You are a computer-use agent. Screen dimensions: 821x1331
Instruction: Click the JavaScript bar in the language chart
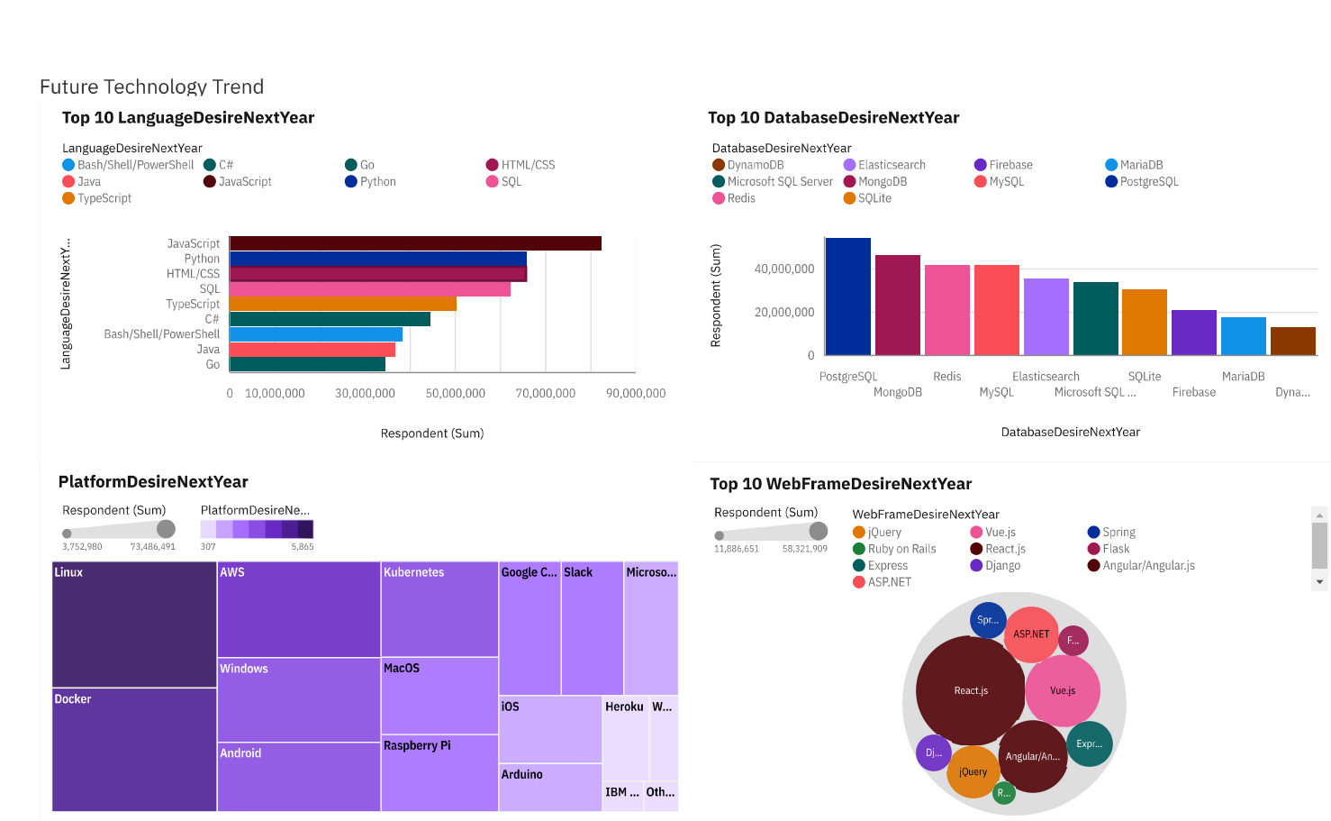pyautogui.click(x=415, y=243)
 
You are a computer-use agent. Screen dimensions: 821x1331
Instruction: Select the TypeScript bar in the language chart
pyautogui.click(x=343, y=304)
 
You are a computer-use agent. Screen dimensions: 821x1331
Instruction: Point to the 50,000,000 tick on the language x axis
pyautogui.click(x=455, y=394)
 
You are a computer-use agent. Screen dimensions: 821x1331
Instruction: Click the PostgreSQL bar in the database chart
pyautogui.click(x=847, y=296)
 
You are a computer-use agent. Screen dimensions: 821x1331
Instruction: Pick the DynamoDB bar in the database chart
pyautogui.click(x=1292, y=341)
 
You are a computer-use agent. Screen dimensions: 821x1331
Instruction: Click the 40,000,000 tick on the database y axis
pyautogui.click(x=783, y=269)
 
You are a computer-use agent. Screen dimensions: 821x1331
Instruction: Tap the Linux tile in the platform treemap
pyautogui.click(x=134, y=625)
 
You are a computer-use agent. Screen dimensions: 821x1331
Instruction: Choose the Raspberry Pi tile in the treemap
pyautogui.click(x=439, y=772)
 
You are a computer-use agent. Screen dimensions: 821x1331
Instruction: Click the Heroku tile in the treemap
pyautogui.click(x=625, y=737)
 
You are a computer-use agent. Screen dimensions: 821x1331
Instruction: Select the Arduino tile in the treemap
pyautogui.click(x=550, y=787)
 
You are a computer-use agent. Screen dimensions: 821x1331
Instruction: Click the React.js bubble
pyautogui.click(x=971, y=690)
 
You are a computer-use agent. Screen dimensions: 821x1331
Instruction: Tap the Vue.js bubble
pyautogui.click(x=1063, y=690)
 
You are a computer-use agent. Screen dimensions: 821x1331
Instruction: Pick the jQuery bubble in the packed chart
pyautogui.click(x=973, y=771)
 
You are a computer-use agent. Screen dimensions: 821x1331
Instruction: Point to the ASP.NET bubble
pyautogui.click(x=1031, y=634)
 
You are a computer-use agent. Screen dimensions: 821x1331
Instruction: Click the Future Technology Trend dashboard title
pyautogui.click(x=151, y=87)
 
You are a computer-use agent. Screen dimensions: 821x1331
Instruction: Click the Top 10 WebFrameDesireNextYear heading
pyautogui.click(x=840, y=484)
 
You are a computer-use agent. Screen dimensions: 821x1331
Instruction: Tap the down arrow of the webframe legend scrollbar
pyautogui.click(x=1320, y=582)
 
